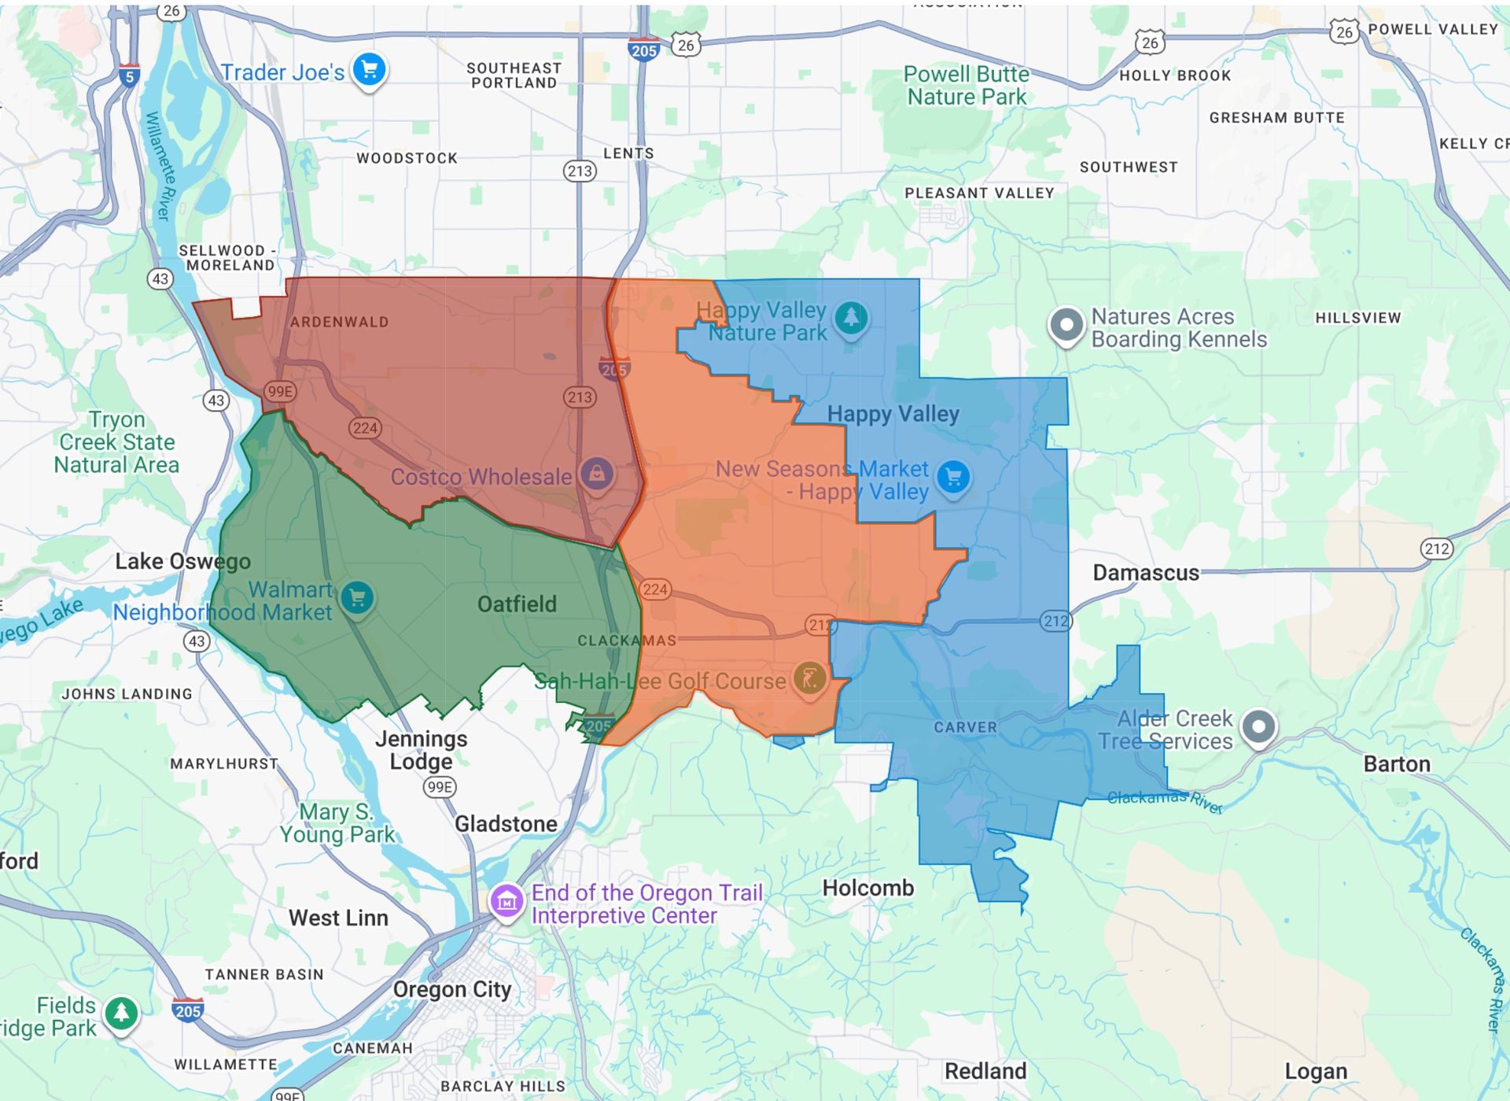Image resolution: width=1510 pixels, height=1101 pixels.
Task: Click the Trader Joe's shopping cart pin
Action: click(x=369, y=70)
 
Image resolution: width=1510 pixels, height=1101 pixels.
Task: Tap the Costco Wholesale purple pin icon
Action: click(x=597, y=474)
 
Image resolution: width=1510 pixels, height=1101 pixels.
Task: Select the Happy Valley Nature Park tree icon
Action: click(x=851, y=318)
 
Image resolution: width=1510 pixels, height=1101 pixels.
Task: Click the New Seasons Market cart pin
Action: click(x=953, y=476)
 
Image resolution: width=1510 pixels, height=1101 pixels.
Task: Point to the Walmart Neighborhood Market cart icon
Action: click(x=357, y=598)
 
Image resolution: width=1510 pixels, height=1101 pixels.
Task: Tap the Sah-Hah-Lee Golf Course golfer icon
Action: click(x=809, y=678)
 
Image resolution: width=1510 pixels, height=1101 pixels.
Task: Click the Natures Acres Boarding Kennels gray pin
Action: click(x=1066, y=324)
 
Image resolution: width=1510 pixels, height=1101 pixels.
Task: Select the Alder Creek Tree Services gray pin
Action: click(x=1258, y=726)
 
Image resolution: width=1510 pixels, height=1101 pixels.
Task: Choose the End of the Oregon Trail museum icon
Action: click(x=507, y=901)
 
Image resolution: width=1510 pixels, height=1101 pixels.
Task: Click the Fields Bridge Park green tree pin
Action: click(x=121, y=1013)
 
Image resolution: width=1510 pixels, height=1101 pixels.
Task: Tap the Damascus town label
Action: click(x=1145, y=573)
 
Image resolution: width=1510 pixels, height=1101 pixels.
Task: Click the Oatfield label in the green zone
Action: click(x=517, y=604)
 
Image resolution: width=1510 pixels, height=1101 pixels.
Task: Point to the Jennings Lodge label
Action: click(x=421, y=750)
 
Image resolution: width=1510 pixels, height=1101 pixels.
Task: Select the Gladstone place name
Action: click(x=506, y=824)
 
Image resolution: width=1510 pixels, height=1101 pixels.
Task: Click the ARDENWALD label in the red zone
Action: click(x=339, y=322)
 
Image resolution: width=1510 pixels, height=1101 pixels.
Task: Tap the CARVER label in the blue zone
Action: click(x=965, y=727)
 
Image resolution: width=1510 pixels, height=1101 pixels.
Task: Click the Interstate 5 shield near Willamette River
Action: click(x=129, y=76)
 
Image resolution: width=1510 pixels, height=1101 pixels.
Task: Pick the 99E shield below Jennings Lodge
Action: click(x=439, y=787)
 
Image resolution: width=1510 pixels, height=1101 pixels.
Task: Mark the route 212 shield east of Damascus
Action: click(x=1436, y=549)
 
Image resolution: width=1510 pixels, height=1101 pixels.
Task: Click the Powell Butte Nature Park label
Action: click(x=966, y=85)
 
